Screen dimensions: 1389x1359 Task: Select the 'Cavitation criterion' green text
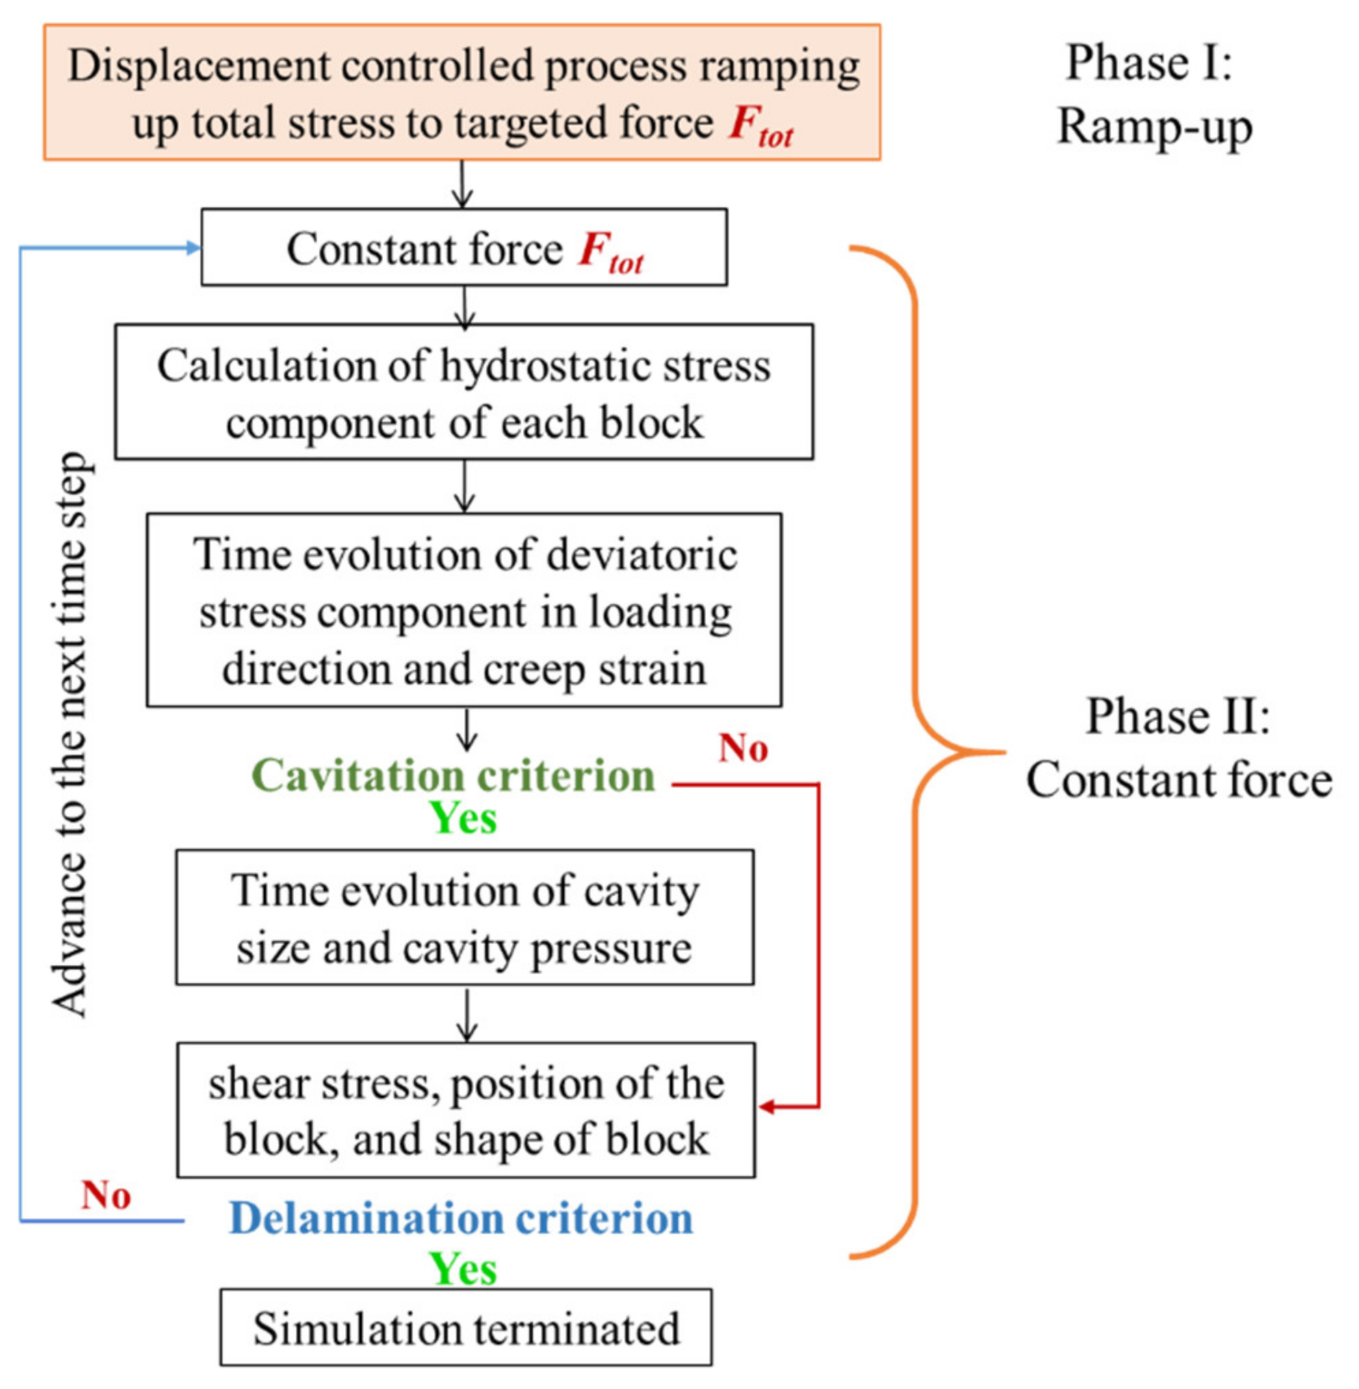(x=453, y=776)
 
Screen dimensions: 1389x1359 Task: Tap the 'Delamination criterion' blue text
(x=461, y=1219)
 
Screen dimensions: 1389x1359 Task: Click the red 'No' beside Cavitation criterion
(x=743, y=749)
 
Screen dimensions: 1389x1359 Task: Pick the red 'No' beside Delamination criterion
(x=105, y=1195)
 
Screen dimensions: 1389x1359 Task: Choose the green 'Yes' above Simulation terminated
(x=463, y=1270)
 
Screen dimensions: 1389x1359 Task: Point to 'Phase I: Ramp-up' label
(x=1154, y=94)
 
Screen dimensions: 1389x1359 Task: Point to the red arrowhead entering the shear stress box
(x=766, y=1107)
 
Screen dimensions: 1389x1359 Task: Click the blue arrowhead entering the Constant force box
(x=194, y=248)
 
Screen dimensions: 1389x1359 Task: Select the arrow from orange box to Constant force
(x=463, y=185)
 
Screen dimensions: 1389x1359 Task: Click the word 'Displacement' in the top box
(x=200, y=66)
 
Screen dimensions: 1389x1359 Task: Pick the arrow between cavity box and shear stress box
(x=466, y=1015)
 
